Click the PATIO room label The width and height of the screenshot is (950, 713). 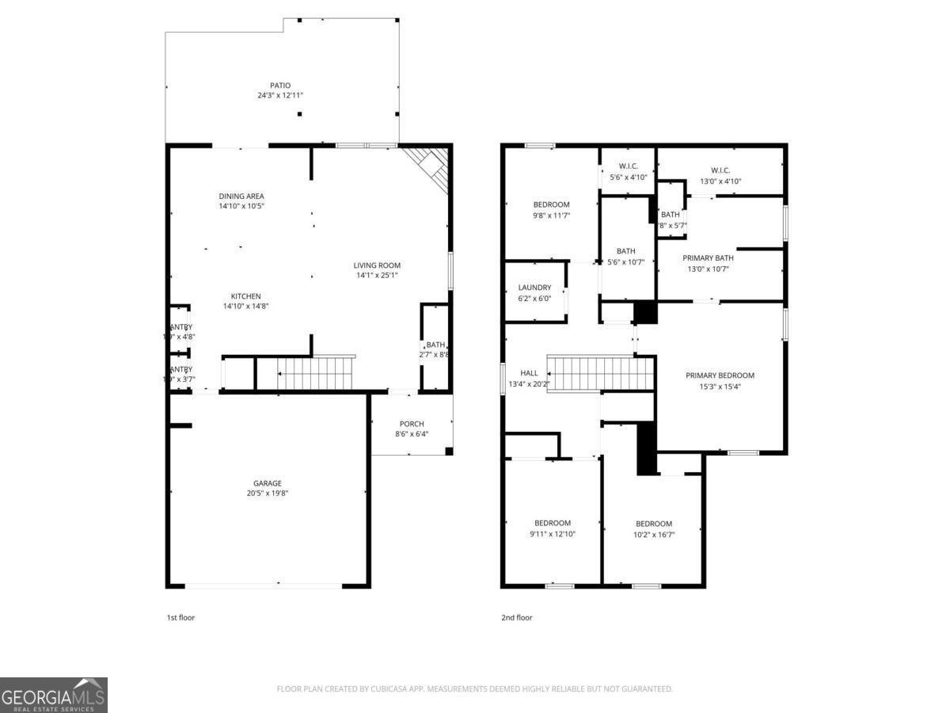click(x=279, y=86)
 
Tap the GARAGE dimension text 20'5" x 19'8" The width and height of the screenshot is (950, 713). click(x=267, y=493)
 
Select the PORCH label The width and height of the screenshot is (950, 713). click(x=411, y=424)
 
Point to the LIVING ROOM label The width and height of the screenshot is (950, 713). click(x=377, y=265)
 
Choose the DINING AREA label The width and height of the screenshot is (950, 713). click(x=241, y=196)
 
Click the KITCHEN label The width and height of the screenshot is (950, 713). click(x=245, y=296)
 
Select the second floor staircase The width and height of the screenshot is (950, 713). click(x=602, y=373)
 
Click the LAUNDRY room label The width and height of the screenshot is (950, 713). click(x=534, y=288)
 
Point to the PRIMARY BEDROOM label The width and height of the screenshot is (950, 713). click(x=720, y=376)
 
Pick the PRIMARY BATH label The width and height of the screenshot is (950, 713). click(x=708, y=258)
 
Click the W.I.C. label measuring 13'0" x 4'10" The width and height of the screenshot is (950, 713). click(x=720, y=170)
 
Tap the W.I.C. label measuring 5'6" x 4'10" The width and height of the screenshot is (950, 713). click(x=628, y=166)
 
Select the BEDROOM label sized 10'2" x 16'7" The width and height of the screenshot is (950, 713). click(x=654, y=524)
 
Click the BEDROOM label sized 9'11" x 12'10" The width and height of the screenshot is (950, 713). click(x=552, y=523)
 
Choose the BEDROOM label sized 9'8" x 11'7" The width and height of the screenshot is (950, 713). click(x=551, y=204)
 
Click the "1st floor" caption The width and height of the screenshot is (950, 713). click(x=180, y=617)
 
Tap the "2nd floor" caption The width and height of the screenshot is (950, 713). click(x=517, y=617)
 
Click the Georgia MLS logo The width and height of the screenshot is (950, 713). click(x=54, y=695)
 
